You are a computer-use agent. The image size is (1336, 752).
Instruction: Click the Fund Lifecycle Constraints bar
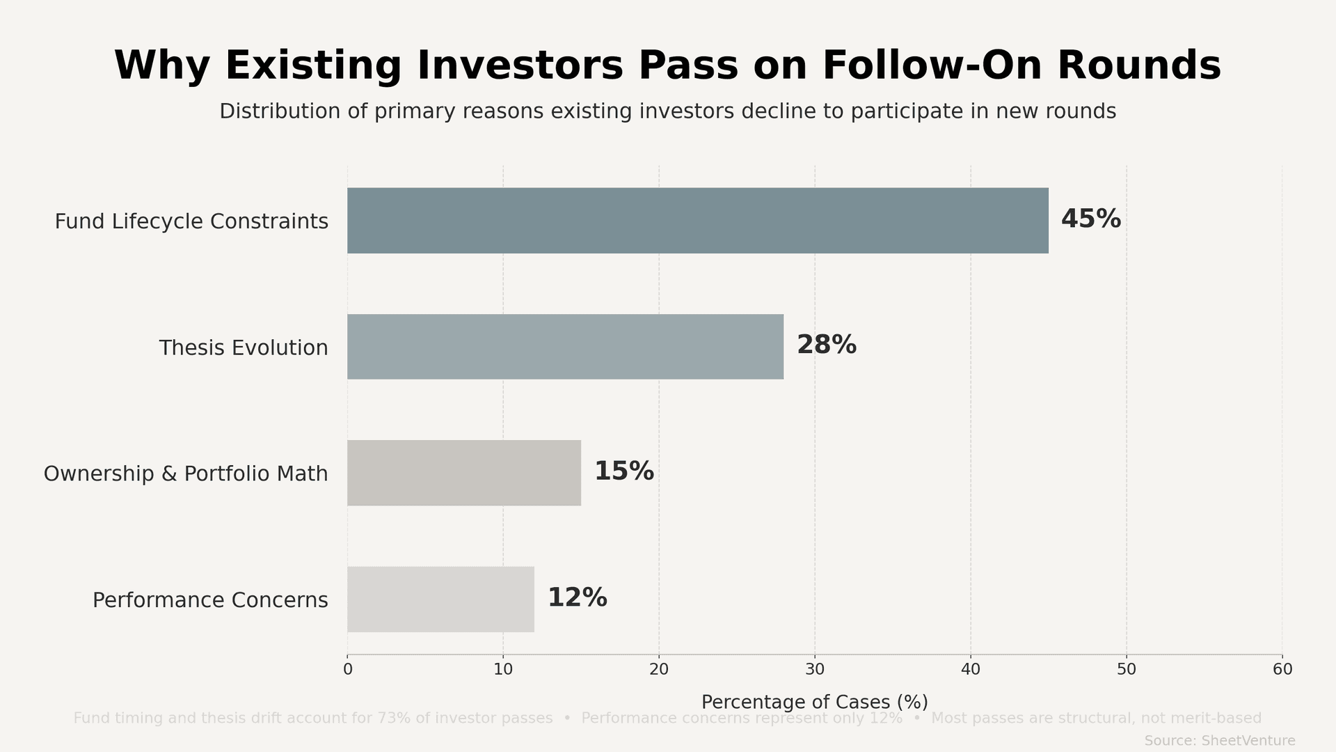[x=697, y=220]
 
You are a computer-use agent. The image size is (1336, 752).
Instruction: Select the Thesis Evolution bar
[x=565, y=347]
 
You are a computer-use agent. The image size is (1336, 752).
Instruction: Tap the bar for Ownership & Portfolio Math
[x=464, y=473]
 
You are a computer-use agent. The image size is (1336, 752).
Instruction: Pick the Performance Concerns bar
[x=440, y=599]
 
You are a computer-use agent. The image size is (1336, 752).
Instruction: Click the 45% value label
[x=1090, y=219]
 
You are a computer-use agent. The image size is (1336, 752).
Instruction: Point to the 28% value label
[x=826, y=345]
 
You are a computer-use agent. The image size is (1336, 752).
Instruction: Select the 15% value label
[x=623, y=471]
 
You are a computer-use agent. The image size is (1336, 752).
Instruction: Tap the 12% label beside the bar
[x=577, y=598]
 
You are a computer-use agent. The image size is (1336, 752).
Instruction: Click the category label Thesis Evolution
[x=243, y=347]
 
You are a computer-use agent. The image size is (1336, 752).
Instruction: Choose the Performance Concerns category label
[x=210, y=600]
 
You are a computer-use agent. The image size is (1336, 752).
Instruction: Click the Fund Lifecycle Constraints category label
[x=191, y=221]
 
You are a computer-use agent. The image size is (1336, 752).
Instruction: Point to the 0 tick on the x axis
[x=347, y=670]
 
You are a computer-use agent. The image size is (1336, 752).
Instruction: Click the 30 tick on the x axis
[x=815, y=670]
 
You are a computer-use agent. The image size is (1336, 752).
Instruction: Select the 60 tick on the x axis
[x=1282, y=670]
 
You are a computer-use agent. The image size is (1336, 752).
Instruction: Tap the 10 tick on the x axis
[x=503, y=670]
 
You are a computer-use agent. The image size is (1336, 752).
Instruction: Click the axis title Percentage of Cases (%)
[x=814, y=702]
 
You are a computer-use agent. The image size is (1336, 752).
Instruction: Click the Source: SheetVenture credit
[x=1219, y=741]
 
